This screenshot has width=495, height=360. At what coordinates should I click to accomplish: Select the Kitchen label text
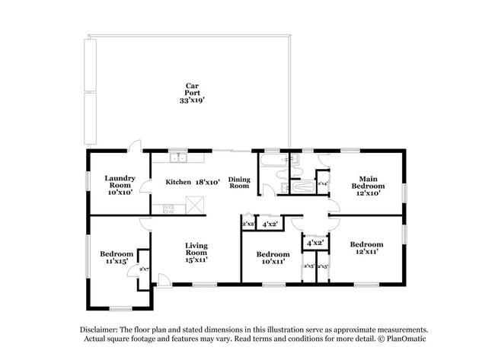coord(178,182)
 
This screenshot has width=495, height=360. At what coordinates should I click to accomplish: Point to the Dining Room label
coord(240,183)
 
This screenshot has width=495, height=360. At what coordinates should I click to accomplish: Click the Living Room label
coord(196,250)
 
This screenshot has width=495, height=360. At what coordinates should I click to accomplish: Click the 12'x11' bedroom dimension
coord(366,250)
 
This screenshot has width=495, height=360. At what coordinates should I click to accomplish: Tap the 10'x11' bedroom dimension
coord(272,261)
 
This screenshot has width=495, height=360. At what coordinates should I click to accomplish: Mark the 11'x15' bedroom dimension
coord(117,261)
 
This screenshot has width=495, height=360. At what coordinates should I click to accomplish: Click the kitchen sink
coord(180,158)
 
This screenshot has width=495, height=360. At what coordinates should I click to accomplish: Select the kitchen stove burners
coord(168,208)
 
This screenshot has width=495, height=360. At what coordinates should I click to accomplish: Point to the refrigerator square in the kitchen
coord(195,203)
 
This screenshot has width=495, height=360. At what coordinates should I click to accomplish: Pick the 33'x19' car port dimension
coord(193,100)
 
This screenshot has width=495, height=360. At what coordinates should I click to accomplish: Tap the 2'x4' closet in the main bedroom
coord(323,183)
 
